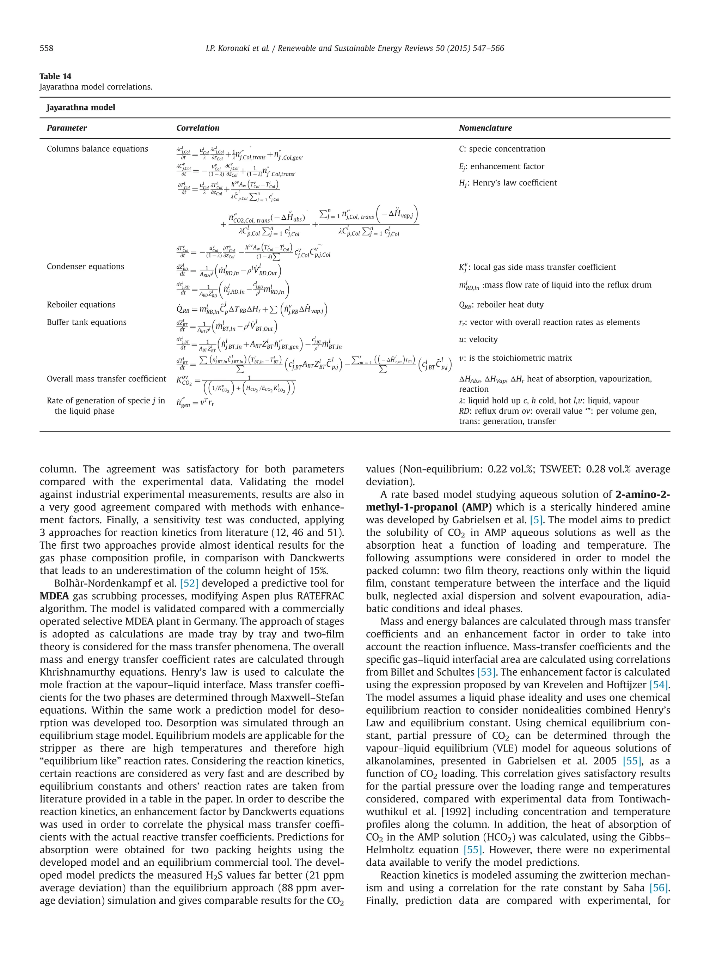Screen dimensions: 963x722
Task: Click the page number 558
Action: coord(47,48)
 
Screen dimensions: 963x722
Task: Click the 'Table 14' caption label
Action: coord(55,76)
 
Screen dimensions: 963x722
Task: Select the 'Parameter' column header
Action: coord(67,128)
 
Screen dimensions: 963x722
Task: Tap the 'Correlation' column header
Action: coord(197,128)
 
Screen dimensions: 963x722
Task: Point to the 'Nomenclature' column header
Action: coord(485,128)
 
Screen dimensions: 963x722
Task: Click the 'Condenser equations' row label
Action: coord(85,267)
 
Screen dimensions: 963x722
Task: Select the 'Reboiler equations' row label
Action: coord(81,305)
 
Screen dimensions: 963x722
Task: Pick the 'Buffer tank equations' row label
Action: coord(87,322)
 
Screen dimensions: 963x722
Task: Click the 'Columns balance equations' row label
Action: coord(97,149)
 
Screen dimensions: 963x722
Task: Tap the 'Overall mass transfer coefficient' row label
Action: coord(106,379)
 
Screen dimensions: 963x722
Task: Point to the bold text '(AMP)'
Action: coord(477,507)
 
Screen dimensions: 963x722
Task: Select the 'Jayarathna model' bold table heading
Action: coord(81,108)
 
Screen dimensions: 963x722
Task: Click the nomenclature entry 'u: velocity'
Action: coord(478,340)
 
